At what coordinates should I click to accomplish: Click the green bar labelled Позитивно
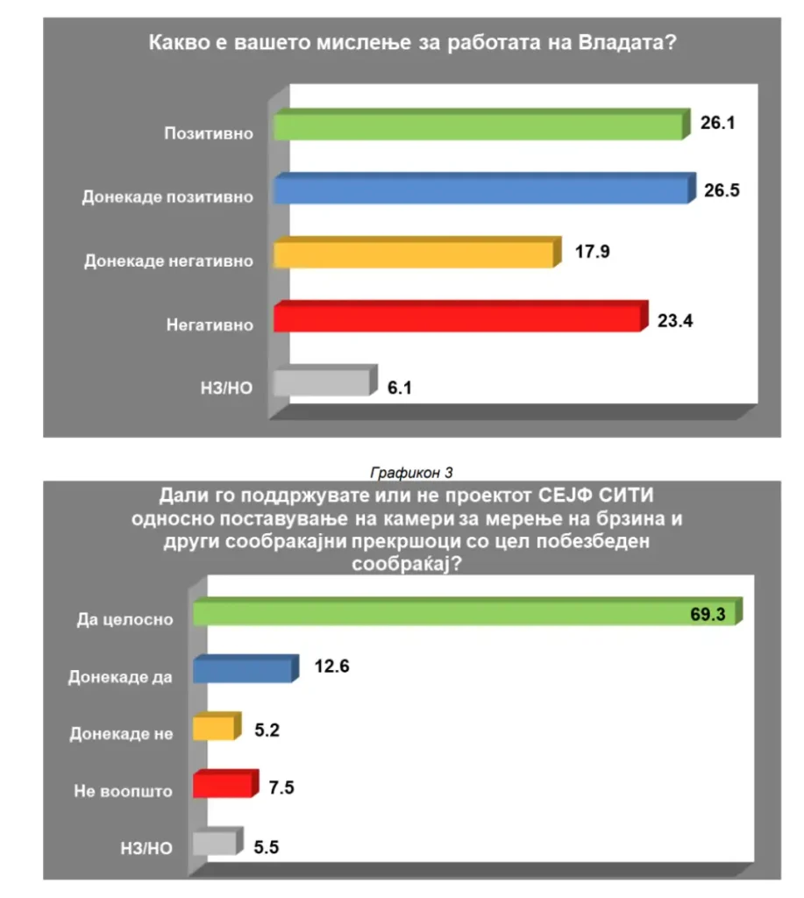click(x=478, y=126)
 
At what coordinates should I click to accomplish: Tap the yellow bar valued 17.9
click(x=414, y=253)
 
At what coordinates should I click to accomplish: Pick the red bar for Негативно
click(x=457, y=317)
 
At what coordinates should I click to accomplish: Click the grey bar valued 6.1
click(x=322, y=382)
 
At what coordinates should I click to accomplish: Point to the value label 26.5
click(x=722, y=189)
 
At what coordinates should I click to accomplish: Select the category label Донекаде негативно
click(x=168, y=261)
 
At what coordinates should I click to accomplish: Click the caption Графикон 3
click(x=411, y=473)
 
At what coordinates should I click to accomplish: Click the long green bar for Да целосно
click(x=465, y=613)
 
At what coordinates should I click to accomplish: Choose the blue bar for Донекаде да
click(x=242, y=671)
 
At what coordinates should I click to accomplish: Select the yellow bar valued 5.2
click(x=214, y=729)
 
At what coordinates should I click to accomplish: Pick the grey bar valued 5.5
click(x=215, y=844)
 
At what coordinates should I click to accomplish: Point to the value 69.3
click(x=708, y=614)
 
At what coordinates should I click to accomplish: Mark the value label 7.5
click(x=282, y=787)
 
